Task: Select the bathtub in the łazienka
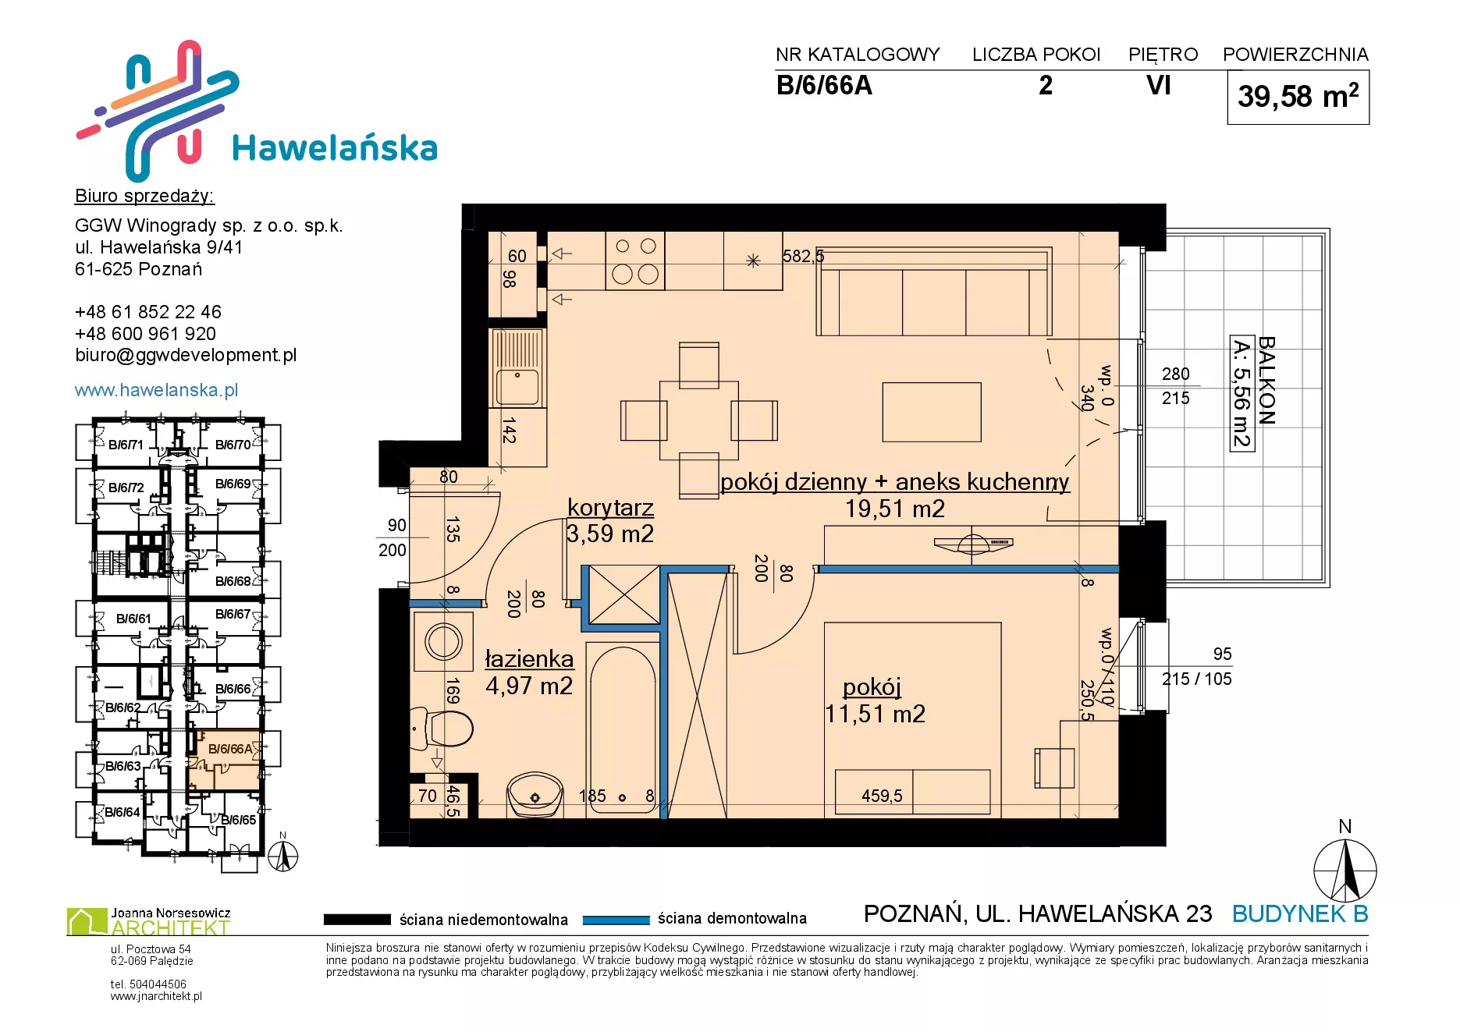point(623,729)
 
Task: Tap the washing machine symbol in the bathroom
point(443,641)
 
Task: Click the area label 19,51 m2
point(894,509)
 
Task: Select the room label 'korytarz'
point(610,508)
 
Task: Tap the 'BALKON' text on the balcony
point(1266,381)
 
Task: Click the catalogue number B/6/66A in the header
point(824,86)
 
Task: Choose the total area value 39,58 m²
point(1298,97)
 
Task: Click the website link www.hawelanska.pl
point(156,390)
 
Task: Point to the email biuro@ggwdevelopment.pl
point(186,355)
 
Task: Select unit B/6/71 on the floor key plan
point(126,445)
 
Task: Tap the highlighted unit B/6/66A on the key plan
point(230,749)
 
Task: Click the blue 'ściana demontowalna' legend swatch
point(616,920)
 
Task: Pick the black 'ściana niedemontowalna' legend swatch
point(357,920)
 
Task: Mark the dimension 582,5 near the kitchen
point(803,256)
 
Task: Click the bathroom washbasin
point(535,794)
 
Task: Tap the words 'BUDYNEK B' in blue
point(1300,913)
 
